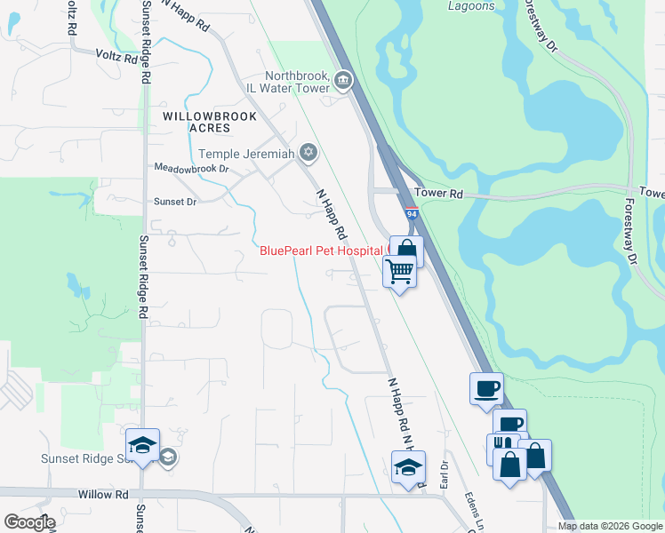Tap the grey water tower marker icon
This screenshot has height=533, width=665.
click(343, 83)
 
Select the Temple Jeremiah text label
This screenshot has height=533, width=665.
click(245, 154)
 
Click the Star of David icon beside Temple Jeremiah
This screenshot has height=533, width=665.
click(308, 153)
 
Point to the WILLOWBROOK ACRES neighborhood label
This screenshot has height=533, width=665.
click(210, 122)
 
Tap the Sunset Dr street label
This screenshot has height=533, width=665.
click(173, 202)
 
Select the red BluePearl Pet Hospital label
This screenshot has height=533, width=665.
click(320, 251)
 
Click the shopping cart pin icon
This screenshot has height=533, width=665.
click(400, 271)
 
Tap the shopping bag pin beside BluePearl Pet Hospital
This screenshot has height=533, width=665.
click(406, 250)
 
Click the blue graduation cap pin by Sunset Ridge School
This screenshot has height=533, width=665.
click(142, 446)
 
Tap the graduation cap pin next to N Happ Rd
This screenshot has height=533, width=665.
click(408, 466)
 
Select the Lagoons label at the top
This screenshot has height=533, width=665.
click(471, 6)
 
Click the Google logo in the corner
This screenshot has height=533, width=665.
click(29, 521)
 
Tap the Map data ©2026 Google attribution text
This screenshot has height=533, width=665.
click(609, 526)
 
